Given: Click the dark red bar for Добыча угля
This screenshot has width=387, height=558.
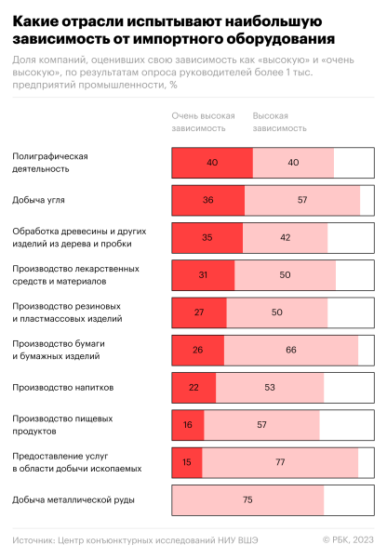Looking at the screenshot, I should (208, 199).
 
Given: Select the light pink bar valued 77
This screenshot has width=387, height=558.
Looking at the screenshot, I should (279, 462).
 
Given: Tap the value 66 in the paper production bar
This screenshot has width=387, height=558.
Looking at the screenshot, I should (291, 350).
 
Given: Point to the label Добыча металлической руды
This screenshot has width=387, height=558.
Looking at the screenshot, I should (73, 499).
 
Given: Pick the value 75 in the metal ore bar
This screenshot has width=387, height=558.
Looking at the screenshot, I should (247, 500).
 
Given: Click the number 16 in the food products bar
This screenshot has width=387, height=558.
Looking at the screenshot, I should (188, 425).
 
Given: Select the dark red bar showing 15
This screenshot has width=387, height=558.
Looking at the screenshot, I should (187, 462).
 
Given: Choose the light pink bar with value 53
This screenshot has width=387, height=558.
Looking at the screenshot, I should (270, 387).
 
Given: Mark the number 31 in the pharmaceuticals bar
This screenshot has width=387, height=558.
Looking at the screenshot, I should (204, 274).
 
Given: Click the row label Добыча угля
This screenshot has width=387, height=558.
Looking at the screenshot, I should (38, 199).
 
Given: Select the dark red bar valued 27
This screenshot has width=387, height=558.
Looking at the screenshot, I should (199, 312).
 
